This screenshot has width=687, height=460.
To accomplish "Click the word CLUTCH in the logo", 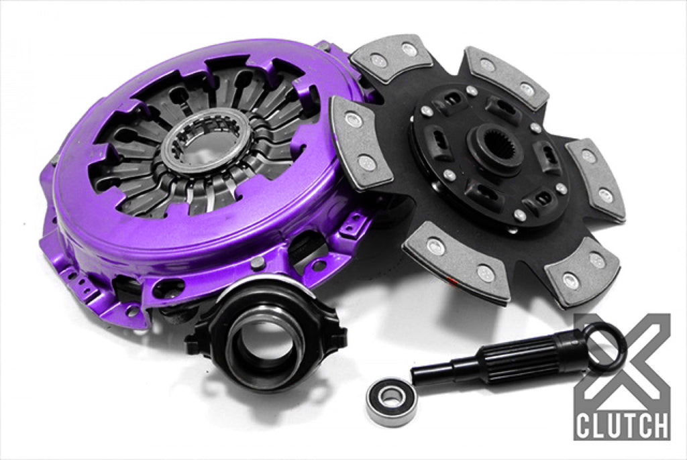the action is tap(622, 424).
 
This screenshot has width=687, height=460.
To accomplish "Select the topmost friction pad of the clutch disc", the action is tap(390, 59).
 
